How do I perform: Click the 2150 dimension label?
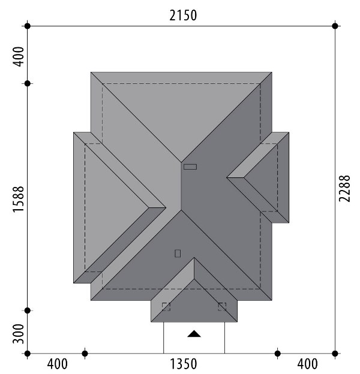coord(183,16)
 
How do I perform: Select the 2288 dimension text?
coord(344,188)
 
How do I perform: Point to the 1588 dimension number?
coord(19,199)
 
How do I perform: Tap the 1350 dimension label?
coord(184,364)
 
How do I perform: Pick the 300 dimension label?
coord(19,334)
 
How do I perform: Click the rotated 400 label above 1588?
coord(19,56)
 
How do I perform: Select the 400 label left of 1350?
coord(57,364)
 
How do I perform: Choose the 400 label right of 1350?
coord(307,364)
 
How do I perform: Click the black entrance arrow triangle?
coord(194,334)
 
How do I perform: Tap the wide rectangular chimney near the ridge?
coord(190,167)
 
